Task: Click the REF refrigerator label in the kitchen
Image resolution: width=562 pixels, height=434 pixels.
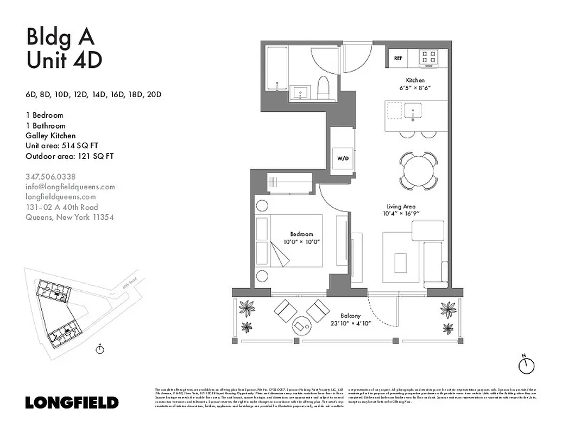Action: (398, 58)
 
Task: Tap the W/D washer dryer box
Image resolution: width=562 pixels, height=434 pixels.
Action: (343, 159)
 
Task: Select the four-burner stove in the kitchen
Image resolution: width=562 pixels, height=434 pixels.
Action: (428, 56)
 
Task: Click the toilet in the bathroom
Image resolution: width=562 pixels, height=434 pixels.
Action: (324, 88)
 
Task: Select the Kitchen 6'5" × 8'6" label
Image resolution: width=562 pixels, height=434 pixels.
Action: (415, 84)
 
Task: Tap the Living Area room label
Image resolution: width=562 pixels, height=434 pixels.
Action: (402, 207)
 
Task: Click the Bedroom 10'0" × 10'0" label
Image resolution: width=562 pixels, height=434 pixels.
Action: (302, 238)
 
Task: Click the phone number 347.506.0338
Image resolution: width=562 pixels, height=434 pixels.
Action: (50, 176)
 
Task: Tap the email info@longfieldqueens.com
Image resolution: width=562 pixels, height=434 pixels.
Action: (71, 187)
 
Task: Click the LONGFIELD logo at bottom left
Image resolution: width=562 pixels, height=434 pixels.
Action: (72, 403)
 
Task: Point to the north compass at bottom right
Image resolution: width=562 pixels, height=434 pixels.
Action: (526, 365)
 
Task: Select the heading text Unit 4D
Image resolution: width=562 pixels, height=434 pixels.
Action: (64, 60)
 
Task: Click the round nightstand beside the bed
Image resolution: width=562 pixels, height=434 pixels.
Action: (262, 206)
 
